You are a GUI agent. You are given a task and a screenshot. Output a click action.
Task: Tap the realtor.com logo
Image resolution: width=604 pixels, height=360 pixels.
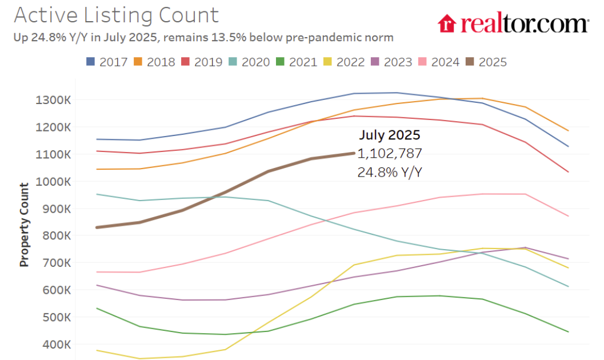513,23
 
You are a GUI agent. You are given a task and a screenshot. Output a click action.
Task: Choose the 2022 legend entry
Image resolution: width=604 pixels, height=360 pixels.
341,62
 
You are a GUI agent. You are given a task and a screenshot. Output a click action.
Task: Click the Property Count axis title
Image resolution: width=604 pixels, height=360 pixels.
24,225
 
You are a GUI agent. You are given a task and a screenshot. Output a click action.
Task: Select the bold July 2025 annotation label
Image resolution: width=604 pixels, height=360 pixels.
389,135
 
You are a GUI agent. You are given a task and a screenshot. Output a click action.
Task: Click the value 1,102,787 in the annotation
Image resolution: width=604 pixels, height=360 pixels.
389,153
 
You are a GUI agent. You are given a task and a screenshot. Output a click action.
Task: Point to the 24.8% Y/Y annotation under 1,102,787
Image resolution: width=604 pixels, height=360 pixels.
389,171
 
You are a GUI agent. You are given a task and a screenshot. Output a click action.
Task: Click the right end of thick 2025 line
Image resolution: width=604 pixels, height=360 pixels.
354,153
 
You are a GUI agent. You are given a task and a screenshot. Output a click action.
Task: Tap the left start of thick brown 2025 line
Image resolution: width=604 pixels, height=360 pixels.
97,227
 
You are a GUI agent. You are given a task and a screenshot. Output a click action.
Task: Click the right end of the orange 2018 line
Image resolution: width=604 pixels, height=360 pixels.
568,131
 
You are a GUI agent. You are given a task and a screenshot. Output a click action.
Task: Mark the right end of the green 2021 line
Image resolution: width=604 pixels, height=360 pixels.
568,331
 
